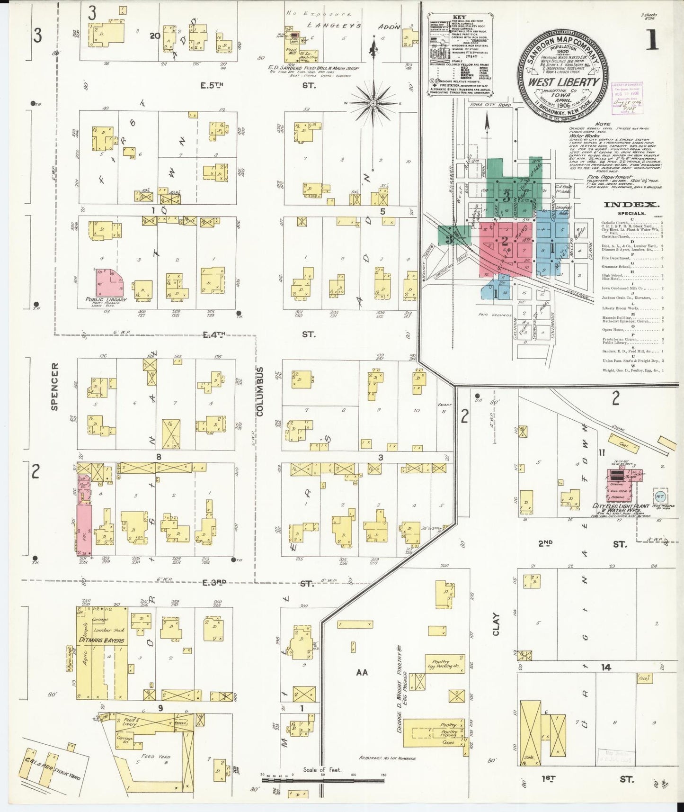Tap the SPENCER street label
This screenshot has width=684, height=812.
pyautogui.click(x=54, y=386)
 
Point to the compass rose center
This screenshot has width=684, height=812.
pyautogui.click(x=373, y=103)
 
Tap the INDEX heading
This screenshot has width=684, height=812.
pyautogui.click(x=631, y=205)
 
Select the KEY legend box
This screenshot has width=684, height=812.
pyautogui.click(x=458, y=56)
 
